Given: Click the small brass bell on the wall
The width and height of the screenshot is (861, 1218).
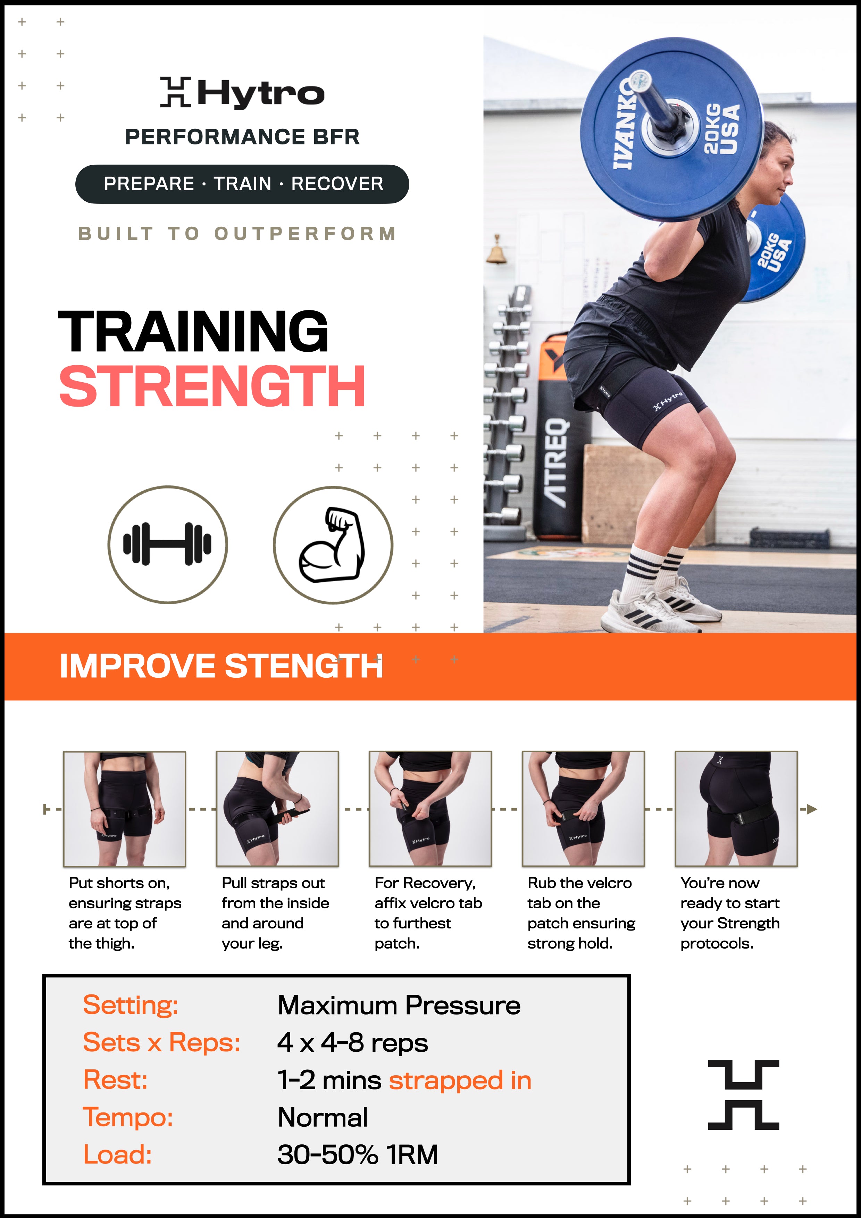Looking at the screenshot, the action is [x=496, y=251].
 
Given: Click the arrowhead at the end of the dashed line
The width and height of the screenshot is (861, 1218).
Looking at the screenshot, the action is [x=812, y=809].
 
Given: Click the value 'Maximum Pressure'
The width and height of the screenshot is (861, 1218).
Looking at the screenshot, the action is [x=399, y=1005].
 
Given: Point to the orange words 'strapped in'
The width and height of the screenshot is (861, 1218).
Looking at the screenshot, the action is [x=460, y=1081].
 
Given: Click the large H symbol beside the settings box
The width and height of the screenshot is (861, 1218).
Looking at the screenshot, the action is [x=743, y=1094].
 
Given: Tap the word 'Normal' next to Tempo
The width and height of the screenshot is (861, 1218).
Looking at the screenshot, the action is [x=323, y=1118].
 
